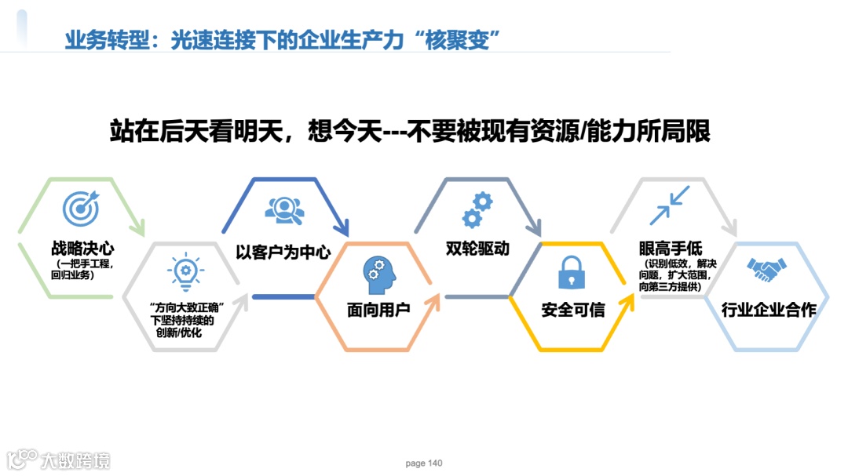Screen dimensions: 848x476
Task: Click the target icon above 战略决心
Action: pyautogui.click(x=82, y=208)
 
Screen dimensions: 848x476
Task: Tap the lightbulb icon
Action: pyautogui.click(x=185, y=271)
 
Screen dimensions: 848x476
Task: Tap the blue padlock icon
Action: pyautogui.click(x=572, y=272)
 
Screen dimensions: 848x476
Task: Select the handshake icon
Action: pyautogui.click(x=768, y=271)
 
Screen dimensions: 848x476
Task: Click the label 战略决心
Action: pyautogui.click(x=82, y=249)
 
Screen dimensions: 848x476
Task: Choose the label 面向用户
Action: pyautogui.click(x=378, y=310)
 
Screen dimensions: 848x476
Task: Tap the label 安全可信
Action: pyautogui.click(x=572, y=310)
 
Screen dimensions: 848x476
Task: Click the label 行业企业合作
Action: pyautogui.click(x=769, y=310)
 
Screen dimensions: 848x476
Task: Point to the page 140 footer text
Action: pyautogui.click(x=424, y=463)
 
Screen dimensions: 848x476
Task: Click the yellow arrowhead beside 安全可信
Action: pyautogui.click(x=627, y=300)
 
